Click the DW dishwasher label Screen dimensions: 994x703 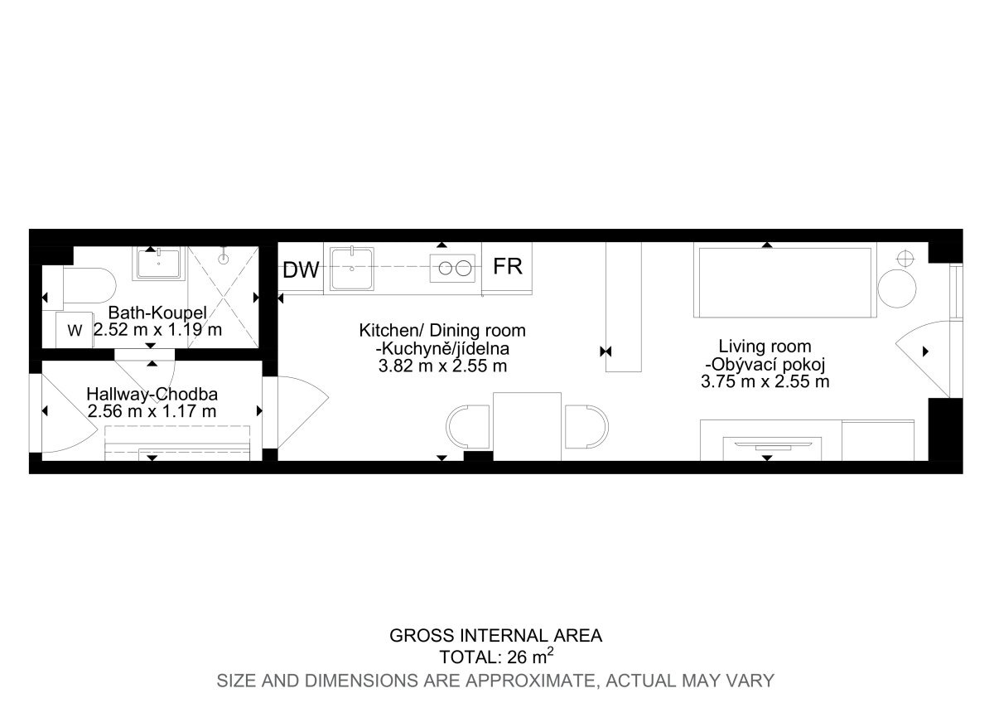(x=301, y=269)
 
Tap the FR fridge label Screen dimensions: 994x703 (x=508, y=266)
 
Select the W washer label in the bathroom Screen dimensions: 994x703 (x=75, y=331)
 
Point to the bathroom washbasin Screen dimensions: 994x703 (x=158, y=264)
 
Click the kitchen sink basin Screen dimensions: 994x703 (x=351, y=269)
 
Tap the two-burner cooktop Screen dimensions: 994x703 (x=452, y=269)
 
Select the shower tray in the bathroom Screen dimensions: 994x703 (x=223, y=297)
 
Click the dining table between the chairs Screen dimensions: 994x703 (x=527, y=426)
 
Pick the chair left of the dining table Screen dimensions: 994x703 (x=468, y=426)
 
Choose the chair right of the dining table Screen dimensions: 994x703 (x=586, y=426)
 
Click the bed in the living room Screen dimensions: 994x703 (x=785, y=283)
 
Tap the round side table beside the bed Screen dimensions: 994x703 (x=897, y=288)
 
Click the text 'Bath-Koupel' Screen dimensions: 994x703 (x=157, y=313)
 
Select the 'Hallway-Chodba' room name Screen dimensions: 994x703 (x=152, y=394)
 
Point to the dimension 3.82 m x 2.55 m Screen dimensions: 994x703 (x=442, y=366)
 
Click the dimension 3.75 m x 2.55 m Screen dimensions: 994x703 (x=765, y=381)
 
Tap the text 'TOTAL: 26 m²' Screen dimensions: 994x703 (x=496, y=656)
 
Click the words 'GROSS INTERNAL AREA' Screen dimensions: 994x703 (x=496, y=636)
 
